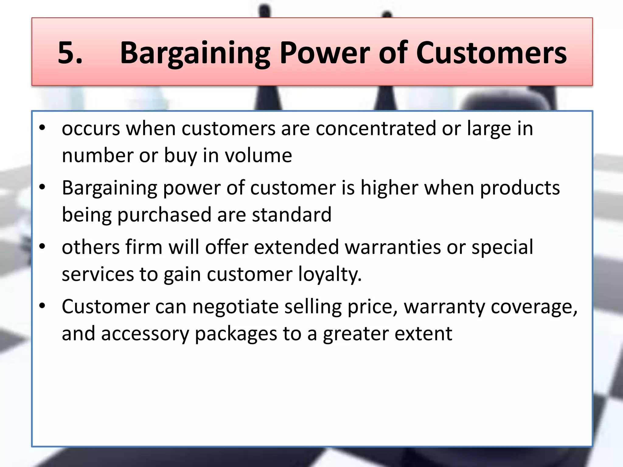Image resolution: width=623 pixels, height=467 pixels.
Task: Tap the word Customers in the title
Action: tap(491, 53)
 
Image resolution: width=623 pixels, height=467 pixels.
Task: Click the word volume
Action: tap(258, 155)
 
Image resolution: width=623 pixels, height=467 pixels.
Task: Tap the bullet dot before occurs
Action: tap(42, 128)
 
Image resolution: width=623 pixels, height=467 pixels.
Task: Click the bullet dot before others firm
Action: tap(42, 247)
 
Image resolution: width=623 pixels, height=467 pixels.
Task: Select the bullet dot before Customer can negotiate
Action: tap(42, 306)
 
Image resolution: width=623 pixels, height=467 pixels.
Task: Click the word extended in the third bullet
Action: tap(296, 247)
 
